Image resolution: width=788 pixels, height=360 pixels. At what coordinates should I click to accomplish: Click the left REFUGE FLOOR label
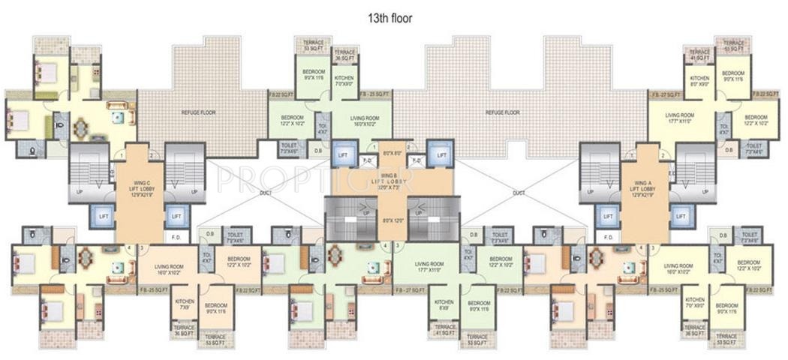tap(197, 112)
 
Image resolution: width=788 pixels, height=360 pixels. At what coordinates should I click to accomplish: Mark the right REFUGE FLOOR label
tap(503, 112)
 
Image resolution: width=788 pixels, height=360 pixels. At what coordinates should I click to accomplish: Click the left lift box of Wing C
tap(102, 216)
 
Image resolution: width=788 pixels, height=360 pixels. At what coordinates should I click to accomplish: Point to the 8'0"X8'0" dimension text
tap(391, 153)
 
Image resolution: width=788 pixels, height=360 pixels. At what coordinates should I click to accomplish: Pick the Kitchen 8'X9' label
tap(443, 304)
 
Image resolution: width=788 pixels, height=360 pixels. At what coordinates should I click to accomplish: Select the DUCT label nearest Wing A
tap(519, 193)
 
